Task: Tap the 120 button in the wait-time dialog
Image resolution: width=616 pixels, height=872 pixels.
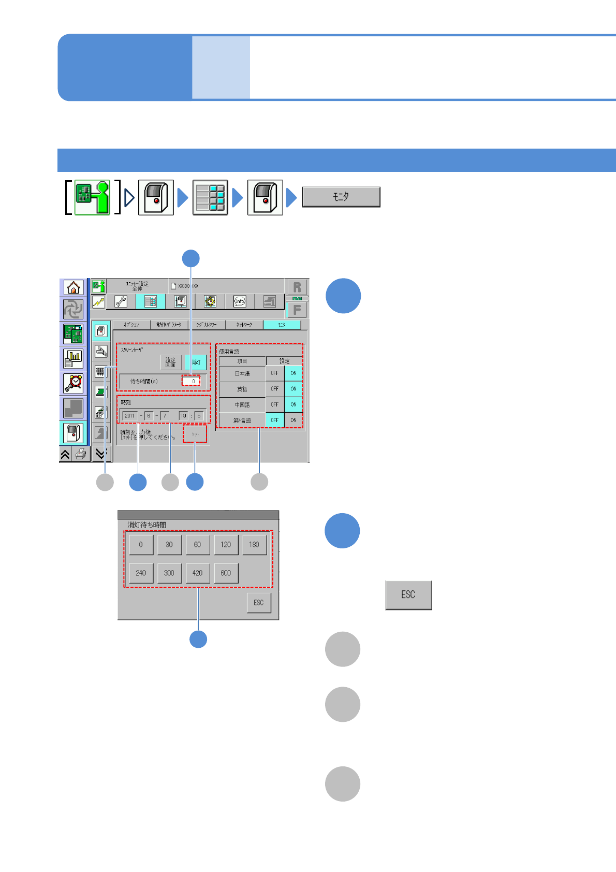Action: (226, 545)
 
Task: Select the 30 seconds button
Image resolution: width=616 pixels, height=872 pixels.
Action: (169, 545)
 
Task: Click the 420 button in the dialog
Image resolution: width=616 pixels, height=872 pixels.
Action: (197, 573)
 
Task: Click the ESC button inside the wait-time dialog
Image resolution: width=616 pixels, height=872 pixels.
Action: (259, 603)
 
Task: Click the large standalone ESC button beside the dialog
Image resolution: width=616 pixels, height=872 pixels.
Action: (408, 595)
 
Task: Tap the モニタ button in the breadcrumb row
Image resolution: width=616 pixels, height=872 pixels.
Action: (341, 197)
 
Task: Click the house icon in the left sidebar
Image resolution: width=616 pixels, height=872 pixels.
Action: (74, 287)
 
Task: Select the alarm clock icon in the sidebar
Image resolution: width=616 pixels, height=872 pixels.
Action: (74, 383)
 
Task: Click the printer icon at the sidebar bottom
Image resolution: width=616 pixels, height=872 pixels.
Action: (81, 454)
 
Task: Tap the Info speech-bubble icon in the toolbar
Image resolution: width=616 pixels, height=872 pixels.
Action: (239, 301)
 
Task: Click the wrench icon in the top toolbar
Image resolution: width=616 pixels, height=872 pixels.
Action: (121, 301)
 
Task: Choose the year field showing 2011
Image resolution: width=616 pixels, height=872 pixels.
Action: (130, 415)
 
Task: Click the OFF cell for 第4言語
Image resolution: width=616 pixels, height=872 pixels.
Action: (275, 420)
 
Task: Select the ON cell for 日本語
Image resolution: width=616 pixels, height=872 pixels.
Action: (294, 373)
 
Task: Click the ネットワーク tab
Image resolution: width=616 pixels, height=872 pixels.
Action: (244, 325)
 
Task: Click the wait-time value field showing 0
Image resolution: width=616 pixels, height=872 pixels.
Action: (191, 381)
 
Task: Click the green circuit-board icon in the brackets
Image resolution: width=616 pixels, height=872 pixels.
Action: (93, 197)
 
